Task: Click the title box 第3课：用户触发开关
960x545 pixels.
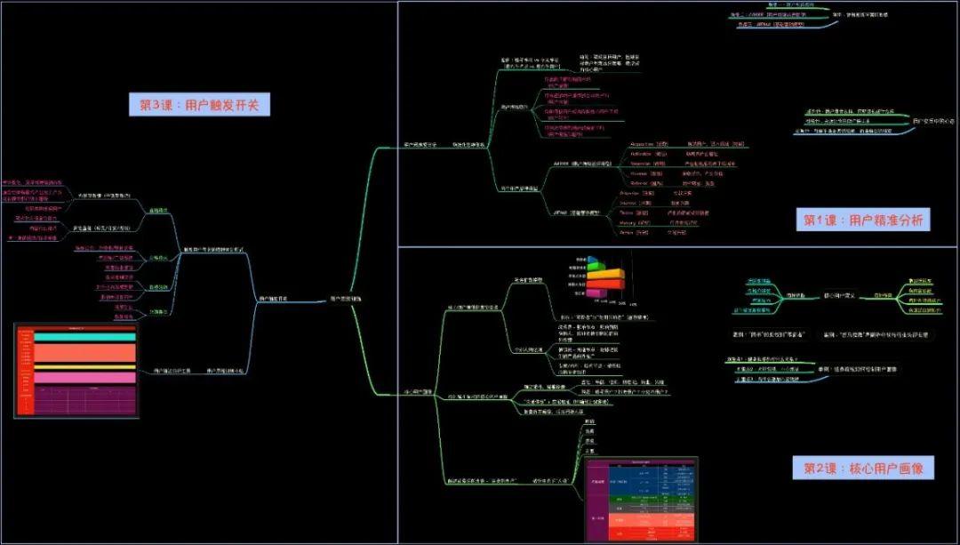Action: click(x=199, y=105)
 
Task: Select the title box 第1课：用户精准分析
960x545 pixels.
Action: click(x=863, y=220)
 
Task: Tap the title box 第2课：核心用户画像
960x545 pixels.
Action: click(x=861, y=467)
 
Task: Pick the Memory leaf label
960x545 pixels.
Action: click(x=632, y=222)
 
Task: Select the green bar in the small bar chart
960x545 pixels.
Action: click(x=599, y=260)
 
